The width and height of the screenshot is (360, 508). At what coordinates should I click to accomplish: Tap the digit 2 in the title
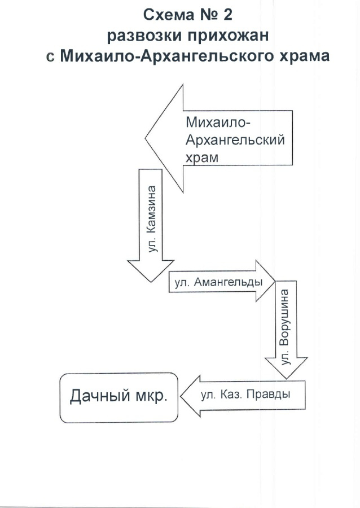pos(228,15)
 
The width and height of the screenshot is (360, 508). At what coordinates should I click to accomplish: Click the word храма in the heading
pos(304,56)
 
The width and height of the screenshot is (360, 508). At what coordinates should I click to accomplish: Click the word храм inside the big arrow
pos(202,158)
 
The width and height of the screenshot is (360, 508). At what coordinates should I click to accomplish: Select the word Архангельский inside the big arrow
pos(235,140)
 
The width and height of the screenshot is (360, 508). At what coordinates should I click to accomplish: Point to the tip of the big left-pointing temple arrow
pos(146,138)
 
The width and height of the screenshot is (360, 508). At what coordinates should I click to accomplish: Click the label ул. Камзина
pos(151,219)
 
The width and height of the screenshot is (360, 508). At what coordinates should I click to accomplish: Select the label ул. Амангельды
pos(219,282)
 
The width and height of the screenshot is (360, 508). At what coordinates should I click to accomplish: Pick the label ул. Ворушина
pos(285,327)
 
